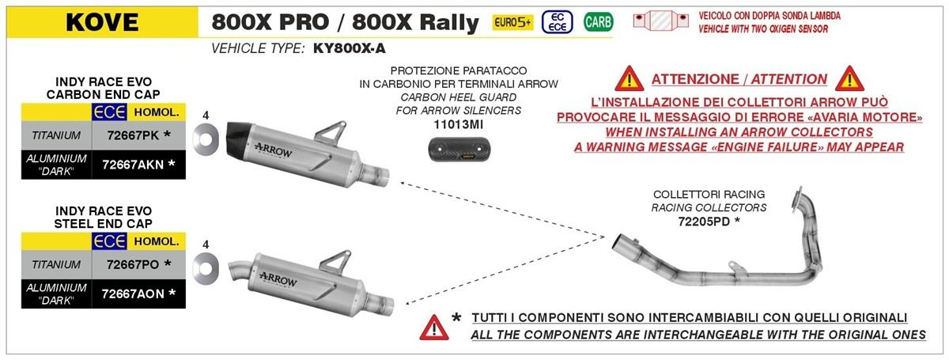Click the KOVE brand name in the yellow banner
click(102, 22)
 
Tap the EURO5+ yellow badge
click(512, 22)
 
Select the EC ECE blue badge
click(557, 22)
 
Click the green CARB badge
click(598, 21)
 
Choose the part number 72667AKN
click(133, 165)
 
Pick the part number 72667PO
click(133, 264)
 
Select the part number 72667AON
click(133, 294)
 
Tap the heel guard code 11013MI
click(459, 125)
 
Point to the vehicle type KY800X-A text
click(349, 48)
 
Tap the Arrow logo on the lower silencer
click(278, 280)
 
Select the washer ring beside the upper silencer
click(206, 139)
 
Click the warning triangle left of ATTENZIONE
click(630, 78)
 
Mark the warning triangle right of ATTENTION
click(849, 78)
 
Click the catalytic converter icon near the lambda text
click(661, 21)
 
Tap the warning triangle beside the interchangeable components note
click(434, 327)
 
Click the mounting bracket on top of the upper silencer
click(331, 131)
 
